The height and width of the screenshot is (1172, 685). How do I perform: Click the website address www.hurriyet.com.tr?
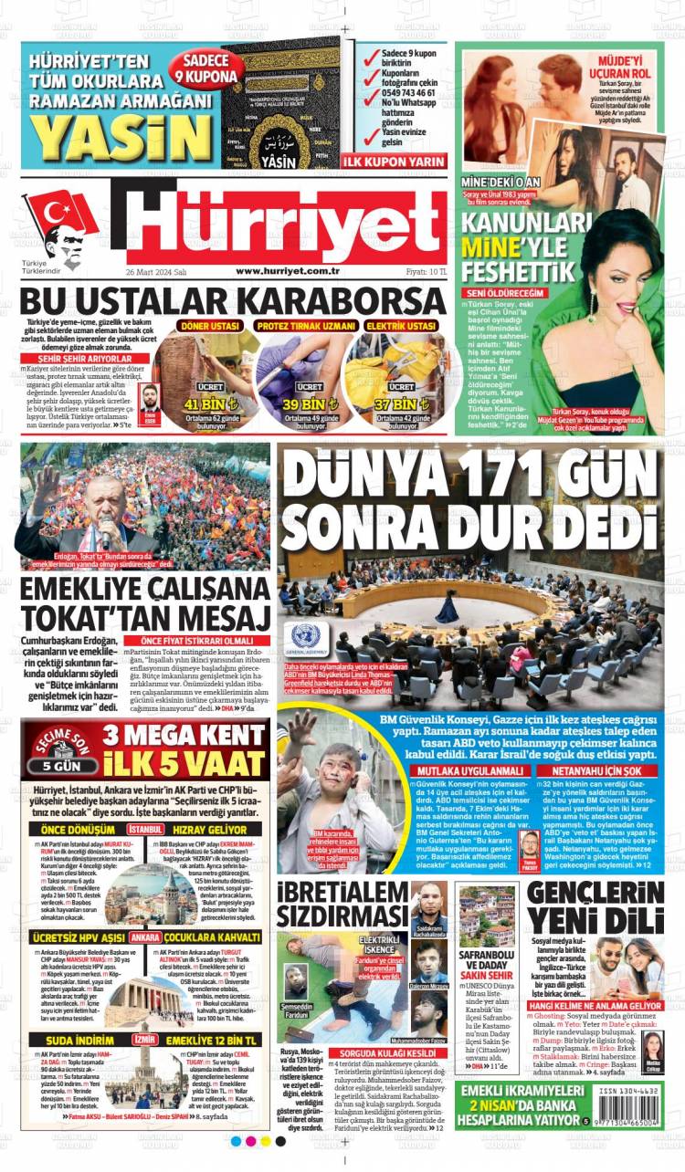pos(288,271)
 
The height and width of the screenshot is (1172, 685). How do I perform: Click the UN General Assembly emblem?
pos(304,634)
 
